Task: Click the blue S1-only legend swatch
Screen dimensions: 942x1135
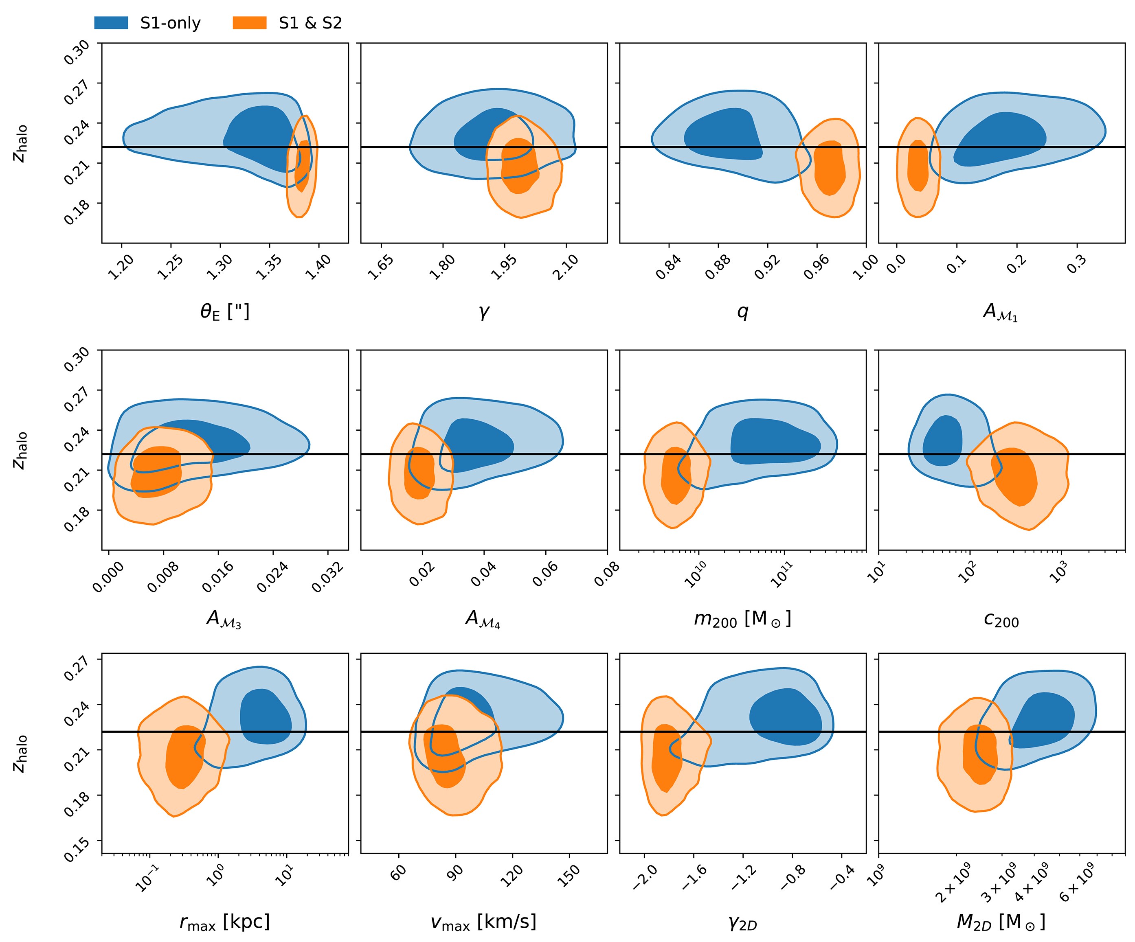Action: pyautogui.click(x=111, y=23)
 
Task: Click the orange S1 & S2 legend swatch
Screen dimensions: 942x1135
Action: pyautogui.click(x=249, y=23)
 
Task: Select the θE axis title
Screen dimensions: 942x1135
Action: pyautogui.click(x=225, y=312)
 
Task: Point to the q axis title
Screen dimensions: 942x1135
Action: pyautogui.click(x=742, y=312)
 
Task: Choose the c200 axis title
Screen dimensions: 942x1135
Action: pyautogui.click(x=1001, y=620)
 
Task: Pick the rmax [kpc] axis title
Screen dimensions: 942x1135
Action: pyautogui.click(x=225, y=922)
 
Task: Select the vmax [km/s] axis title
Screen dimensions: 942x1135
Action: pyautogui.click(x=484, y=922)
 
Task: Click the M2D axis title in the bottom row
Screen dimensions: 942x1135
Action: pyautogui.click(x=1001, y=922)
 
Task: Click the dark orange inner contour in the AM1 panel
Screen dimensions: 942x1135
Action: pyautogui.click(x=918, y=165)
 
